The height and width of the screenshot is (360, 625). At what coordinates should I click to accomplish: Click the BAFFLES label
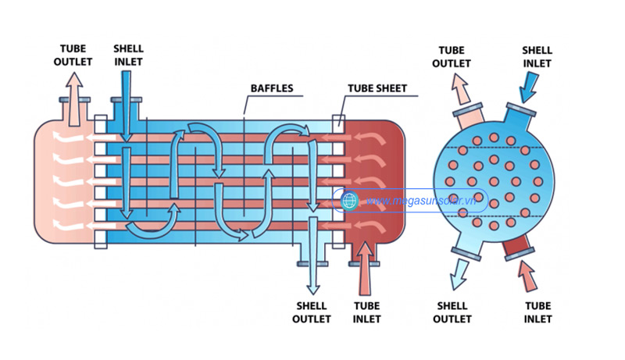[x=272, y=88]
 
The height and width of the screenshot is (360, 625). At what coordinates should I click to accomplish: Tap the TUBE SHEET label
[x=377, y=88]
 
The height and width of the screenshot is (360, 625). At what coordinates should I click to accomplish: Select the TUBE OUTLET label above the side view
[x=73, y=55]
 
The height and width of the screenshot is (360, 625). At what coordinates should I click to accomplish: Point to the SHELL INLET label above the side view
[x=128, y=55]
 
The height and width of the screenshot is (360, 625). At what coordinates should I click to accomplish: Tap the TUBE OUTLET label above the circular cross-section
[x=452, y=56]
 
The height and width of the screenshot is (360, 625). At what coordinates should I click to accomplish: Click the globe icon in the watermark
[x=350, y=201]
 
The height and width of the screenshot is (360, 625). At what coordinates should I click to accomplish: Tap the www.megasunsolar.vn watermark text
[x=422, y=201]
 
